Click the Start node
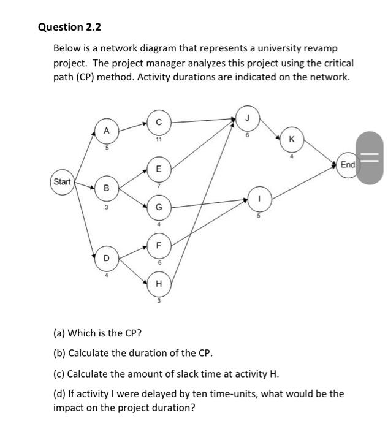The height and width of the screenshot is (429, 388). [62, 182]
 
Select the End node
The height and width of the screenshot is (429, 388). [348, 165]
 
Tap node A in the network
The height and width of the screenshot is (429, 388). [106, 130]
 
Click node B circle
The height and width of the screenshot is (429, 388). [106, 188]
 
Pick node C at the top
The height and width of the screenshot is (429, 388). [159, 123]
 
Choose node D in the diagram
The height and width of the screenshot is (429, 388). [106, 258]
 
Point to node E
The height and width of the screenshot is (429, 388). [159, 168]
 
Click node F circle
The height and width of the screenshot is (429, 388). [159, 246]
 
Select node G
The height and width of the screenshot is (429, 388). [159, 207]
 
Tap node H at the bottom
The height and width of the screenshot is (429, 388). [159, 284]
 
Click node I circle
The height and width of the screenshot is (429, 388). [259, 199]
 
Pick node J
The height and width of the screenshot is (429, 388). [247, 116]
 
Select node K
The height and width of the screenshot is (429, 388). [291, 140]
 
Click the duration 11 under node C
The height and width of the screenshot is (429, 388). [159, 139]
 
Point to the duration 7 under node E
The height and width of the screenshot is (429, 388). [159, 184]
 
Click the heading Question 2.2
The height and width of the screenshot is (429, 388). [69, 27]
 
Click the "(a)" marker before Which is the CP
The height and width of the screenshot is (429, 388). [59, 333]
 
